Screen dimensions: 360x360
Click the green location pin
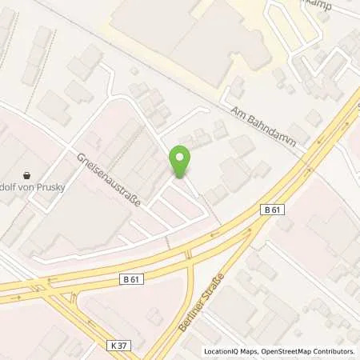pyautogui.click(x=180, y=162)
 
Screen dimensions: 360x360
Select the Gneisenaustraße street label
pyautogui.click(x=110, y=179)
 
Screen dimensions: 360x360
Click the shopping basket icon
pyautogui.click(x=26, y=174)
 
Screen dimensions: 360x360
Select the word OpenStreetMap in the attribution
pyautogui.click(x=286, y=351)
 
